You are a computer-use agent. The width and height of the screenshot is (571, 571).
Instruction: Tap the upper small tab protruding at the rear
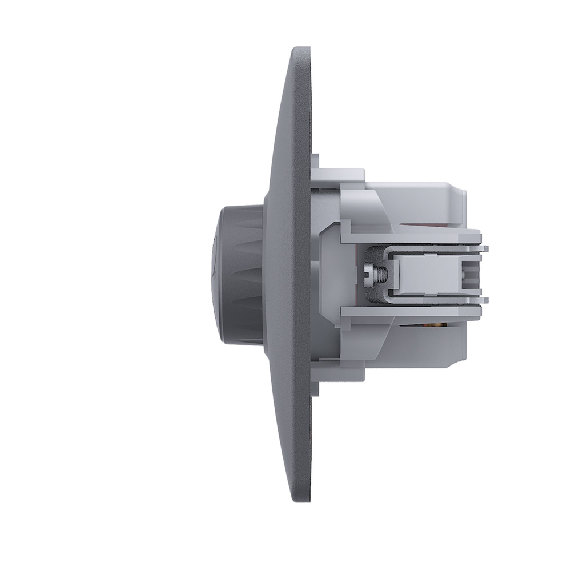click(486, 247)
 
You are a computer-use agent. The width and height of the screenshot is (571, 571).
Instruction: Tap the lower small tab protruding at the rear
click(486, 299)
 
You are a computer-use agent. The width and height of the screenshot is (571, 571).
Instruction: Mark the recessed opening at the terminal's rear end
click(472, 273)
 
